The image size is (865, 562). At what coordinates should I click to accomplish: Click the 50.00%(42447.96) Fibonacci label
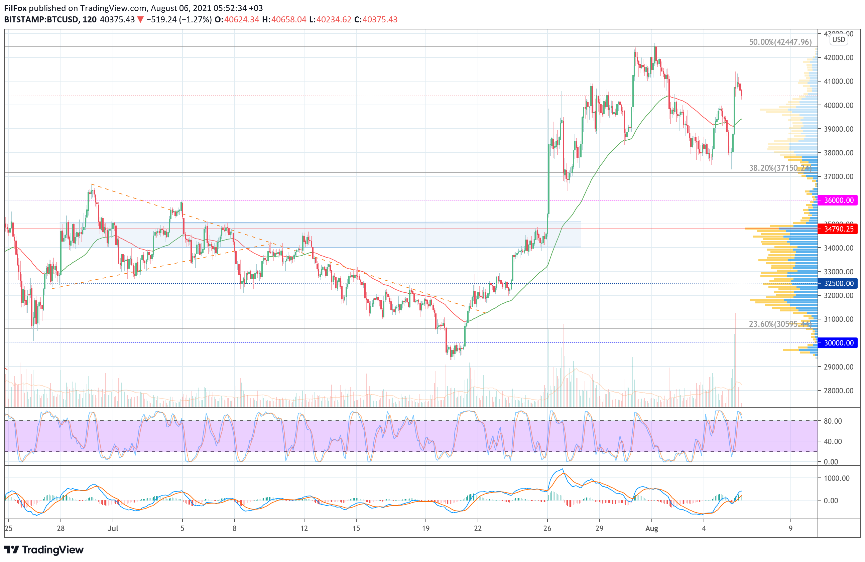coord(780,42)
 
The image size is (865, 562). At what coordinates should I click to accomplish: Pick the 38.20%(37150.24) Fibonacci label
coord(780,168)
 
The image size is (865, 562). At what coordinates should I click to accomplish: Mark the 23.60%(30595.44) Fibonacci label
coord(780,324)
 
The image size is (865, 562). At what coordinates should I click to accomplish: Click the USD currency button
coord(839,40)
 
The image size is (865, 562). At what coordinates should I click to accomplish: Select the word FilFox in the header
coord(15,8)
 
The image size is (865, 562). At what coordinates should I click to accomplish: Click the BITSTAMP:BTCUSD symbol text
coord(42,20)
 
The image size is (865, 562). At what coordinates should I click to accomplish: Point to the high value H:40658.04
coord(284,20)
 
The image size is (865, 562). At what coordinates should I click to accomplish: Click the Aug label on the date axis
coord(652,529)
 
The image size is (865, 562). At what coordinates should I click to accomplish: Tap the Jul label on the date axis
coord(113,529)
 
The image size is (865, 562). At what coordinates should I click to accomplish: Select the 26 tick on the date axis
coord(547,529)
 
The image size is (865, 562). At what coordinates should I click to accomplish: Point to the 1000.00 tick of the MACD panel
coord(837,478)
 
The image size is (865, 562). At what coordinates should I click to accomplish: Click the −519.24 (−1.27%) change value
coord(179,20)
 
